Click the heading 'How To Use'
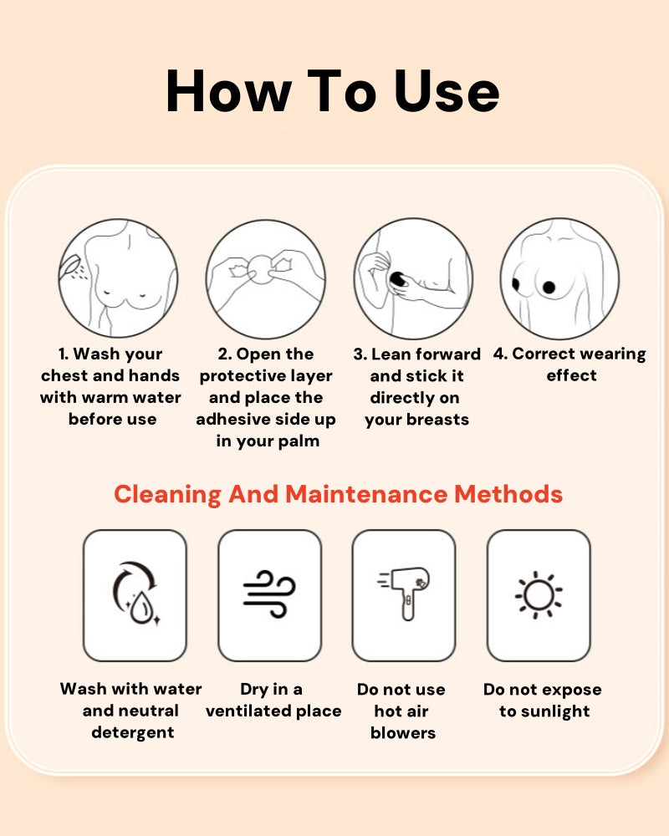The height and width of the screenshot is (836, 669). pyautogui.click(x=333, y=91)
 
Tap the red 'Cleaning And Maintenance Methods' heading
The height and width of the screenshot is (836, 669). pyautogui.click(x=338, y=494)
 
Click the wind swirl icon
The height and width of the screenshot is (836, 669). pyautogui.click(x=269, y=594)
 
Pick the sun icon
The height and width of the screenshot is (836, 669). pyautogui.click(x=539, y=595)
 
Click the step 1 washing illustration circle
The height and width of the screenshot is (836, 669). pyautogui.click(x=118, y=278)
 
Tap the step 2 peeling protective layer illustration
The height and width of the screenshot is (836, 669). pyautogui.click(x=266, y=278)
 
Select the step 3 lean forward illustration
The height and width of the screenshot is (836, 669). pyautogui.click(x=413, y=278)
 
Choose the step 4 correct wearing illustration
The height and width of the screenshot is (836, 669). pyautogui.click(x=559, y=278)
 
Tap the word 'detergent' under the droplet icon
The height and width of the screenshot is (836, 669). pyautogui.click(x=133, y=732)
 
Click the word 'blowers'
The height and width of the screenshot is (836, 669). pyautogui.click(x=403, y=733)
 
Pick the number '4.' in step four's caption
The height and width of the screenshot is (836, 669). pyautogui.click(x=500, y=354)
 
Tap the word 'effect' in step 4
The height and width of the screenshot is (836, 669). pyautogui.click(x=571, y=375)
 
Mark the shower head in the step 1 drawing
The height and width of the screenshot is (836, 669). pyautogui.click(x=70, y=264)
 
